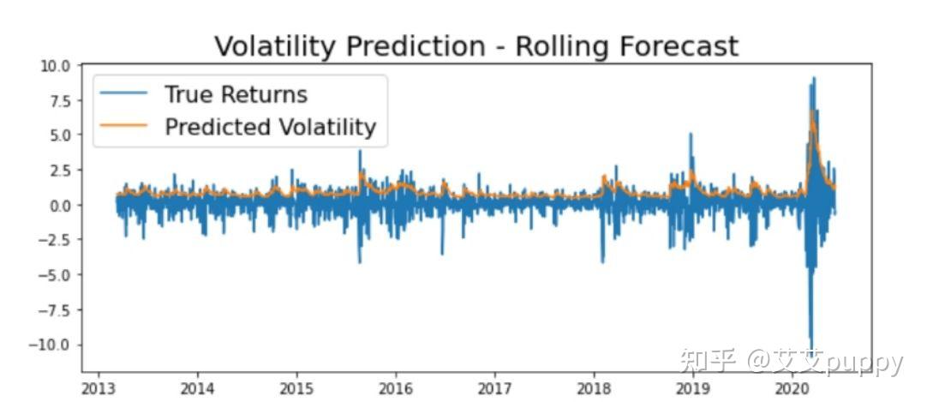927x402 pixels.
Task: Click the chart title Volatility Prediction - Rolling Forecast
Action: (x=475, y=45)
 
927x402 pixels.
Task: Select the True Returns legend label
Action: (x=236, y=93)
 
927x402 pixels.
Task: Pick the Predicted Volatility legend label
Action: (x=270, y=127)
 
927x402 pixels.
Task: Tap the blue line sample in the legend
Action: (x=124, y=93)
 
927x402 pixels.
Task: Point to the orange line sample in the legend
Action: (x=124, y=127)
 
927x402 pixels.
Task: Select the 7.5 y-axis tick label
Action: (x=60, y=100)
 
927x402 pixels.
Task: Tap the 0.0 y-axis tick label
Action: (x=60, y=205)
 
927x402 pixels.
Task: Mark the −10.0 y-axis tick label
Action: (x=53, y=345)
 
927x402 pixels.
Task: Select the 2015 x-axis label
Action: (x=296, y=387)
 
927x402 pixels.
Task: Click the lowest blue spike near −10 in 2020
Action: (x=810, y=347)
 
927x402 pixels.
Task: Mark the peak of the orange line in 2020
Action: (x=812, y=111)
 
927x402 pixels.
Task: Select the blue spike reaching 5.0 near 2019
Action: (x=691, y=135)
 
